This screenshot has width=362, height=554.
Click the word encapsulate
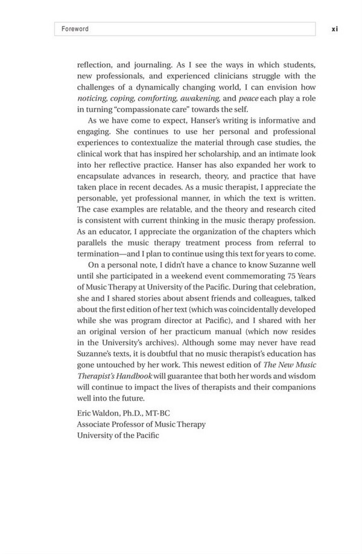coord(98,174)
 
